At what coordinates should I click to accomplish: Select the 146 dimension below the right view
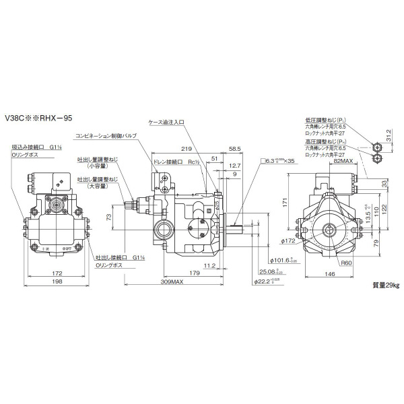(x=328, y=275)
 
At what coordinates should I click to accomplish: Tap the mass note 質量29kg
(x=384, y=285)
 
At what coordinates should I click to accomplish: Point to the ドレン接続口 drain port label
(x=169, y=162)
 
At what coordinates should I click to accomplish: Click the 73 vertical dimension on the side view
(x=108, y=217)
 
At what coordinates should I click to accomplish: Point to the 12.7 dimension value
(x=234, y=165)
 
